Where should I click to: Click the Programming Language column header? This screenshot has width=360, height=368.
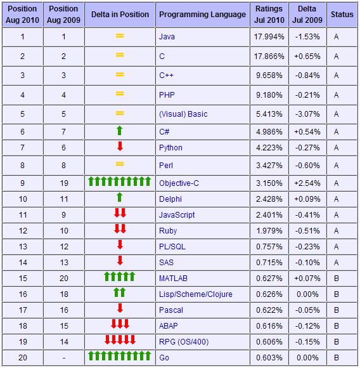coord(202,14)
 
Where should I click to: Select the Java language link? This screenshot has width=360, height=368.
coord(167,37)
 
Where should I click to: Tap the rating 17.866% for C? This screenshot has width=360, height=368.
coord(269,56)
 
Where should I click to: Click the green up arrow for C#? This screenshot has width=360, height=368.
coord(119,131)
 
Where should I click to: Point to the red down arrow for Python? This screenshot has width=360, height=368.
coord(119,148)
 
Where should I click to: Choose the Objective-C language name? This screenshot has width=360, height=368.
coord(179,183)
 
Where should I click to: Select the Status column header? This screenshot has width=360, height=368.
coord(342,14)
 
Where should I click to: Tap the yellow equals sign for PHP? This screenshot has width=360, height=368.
coord(119,95)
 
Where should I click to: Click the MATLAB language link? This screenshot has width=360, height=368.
coord(173,278)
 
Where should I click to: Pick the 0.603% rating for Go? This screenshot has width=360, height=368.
coord(269,358)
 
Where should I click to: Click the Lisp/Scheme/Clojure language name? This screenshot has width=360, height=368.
coord(196,294)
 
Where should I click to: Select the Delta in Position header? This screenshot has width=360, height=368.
coord(119,14)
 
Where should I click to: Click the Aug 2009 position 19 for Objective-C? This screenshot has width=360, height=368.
coord(64,183)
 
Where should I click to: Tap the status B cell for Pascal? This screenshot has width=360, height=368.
coord(336,310)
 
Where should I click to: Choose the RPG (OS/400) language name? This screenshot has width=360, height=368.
coord(184,342)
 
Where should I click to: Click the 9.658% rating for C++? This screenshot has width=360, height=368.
coord(269,75)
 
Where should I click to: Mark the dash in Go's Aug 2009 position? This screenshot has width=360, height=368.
coord(64,358)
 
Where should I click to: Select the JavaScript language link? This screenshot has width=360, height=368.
coord(177,215)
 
